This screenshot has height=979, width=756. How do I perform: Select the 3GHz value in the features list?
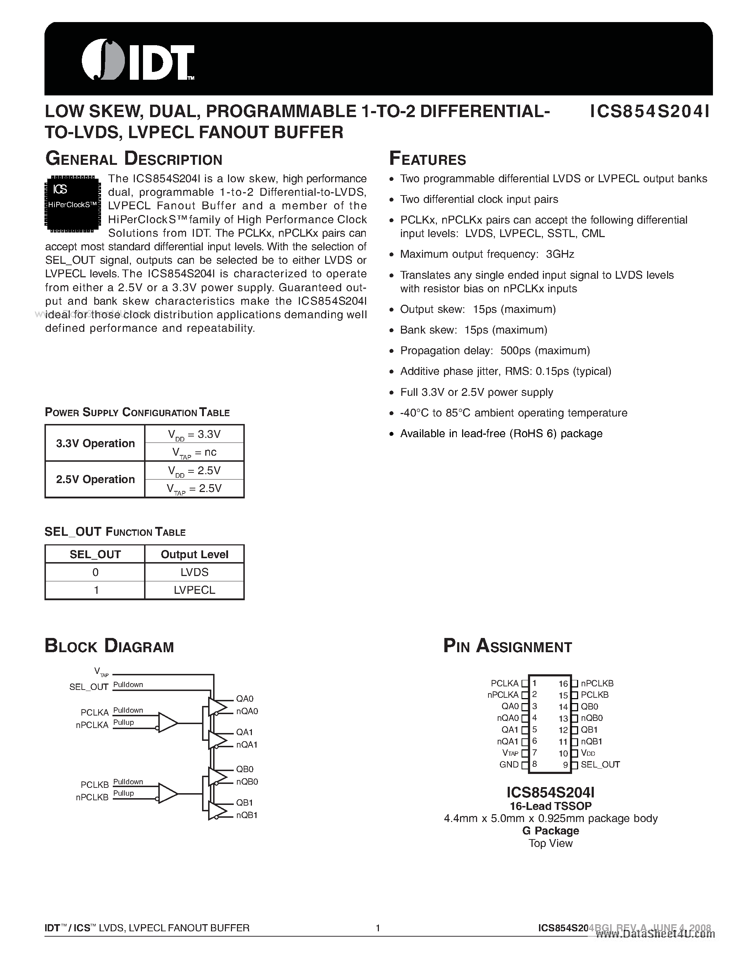tap(560, 254)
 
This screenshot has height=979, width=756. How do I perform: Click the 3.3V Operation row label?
tap(95, 443)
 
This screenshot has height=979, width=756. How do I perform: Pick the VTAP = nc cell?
tap(194, 452)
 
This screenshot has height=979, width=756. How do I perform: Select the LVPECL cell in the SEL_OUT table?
tap(194, 590)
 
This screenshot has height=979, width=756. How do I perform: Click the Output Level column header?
tap(194, 555)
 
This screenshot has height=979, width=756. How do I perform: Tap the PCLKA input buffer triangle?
tap(167, 723)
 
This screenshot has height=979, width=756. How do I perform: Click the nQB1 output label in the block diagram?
tap(247, 815)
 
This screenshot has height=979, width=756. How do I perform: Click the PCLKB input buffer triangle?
tap(167, 794)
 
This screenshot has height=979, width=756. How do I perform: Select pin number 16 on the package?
tap(563, 684)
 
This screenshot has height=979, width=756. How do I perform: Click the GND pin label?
tap(509, 765)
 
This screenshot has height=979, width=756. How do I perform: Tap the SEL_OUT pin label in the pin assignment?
tap(600, 765)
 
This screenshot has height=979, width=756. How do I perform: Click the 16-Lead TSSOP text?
tap(550, 806)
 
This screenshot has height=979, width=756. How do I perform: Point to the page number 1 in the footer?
tap(377, 928)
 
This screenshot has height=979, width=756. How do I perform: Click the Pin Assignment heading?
tap(507, 647)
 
